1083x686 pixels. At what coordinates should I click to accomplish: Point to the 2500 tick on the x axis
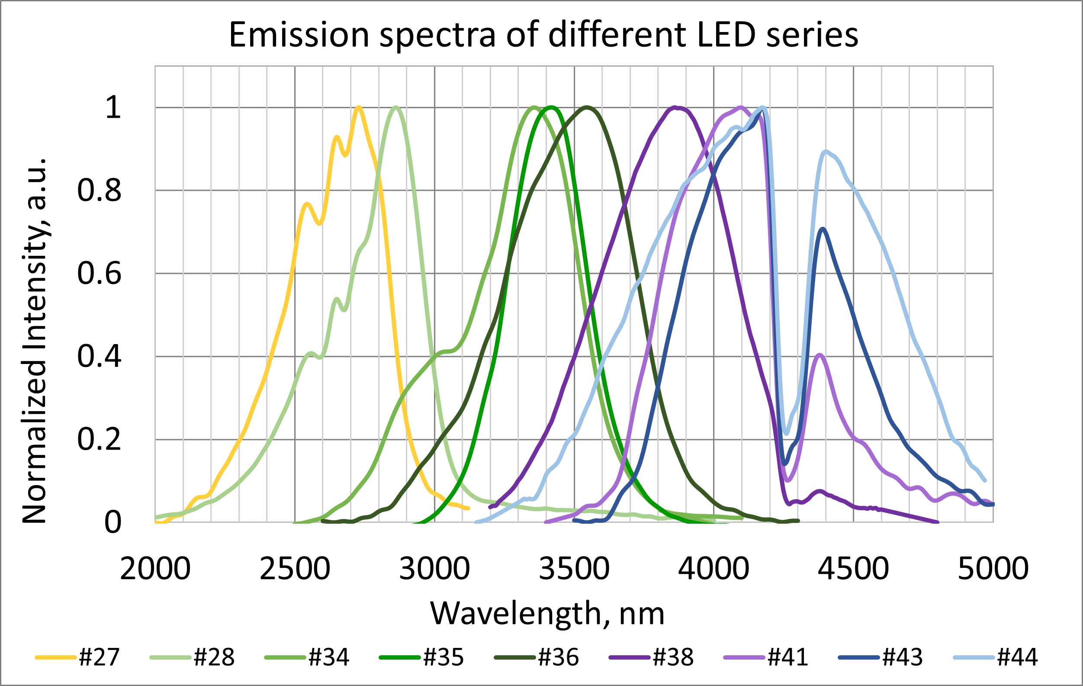pyautogui.click(x=295, y=569)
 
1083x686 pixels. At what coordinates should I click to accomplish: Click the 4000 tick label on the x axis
pyautogui.click(x=714, y=569)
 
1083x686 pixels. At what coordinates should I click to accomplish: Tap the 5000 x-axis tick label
pyautogui.click(x=993, y=569)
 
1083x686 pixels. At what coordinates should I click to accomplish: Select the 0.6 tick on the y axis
pyautogui.click(x=99, y=273)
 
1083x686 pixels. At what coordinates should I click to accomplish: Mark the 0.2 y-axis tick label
pyautogui.click(x=99, y=439)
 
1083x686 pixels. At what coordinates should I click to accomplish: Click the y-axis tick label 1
pyautogui.click(x=113, y=107)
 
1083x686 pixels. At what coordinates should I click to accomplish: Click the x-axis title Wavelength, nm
pyautogui.click(x=547, y=614)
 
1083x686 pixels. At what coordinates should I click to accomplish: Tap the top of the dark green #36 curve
pyautogui.click(x=586, y=107)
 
